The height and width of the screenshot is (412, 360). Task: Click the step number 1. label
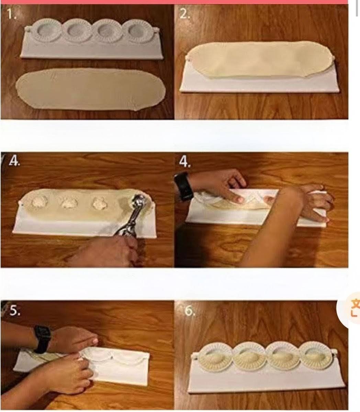coord(12,14)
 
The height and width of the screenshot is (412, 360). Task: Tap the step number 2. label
coord(184,14)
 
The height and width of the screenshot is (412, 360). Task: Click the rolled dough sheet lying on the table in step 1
coord(91,89)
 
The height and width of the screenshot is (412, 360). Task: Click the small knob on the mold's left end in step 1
coord(28,29)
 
